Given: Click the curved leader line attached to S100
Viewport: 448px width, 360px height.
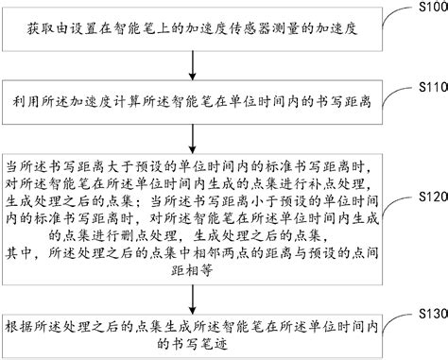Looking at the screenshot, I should coord(393,19).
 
